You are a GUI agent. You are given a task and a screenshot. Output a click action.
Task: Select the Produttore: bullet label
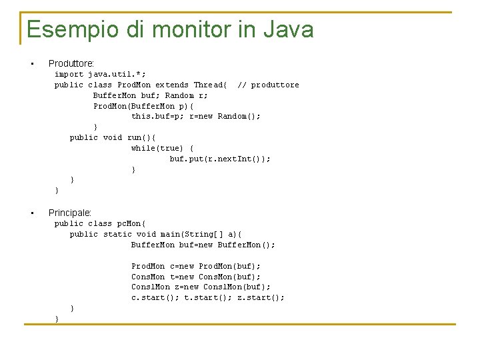click(71, 63)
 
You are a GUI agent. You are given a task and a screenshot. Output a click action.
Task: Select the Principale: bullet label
click(70, 213)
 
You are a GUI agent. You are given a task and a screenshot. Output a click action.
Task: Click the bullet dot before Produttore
click(31, 64)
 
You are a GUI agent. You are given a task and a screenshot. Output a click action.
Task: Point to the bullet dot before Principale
click(31, 213)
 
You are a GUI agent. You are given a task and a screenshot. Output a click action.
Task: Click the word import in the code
click(69, 74)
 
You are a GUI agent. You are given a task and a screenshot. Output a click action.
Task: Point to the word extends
click(172, 85)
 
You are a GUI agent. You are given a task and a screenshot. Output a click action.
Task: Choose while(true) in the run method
click(157, 148)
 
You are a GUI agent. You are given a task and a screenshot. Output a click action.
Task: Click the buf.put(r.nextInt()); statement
click(220, 159)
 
